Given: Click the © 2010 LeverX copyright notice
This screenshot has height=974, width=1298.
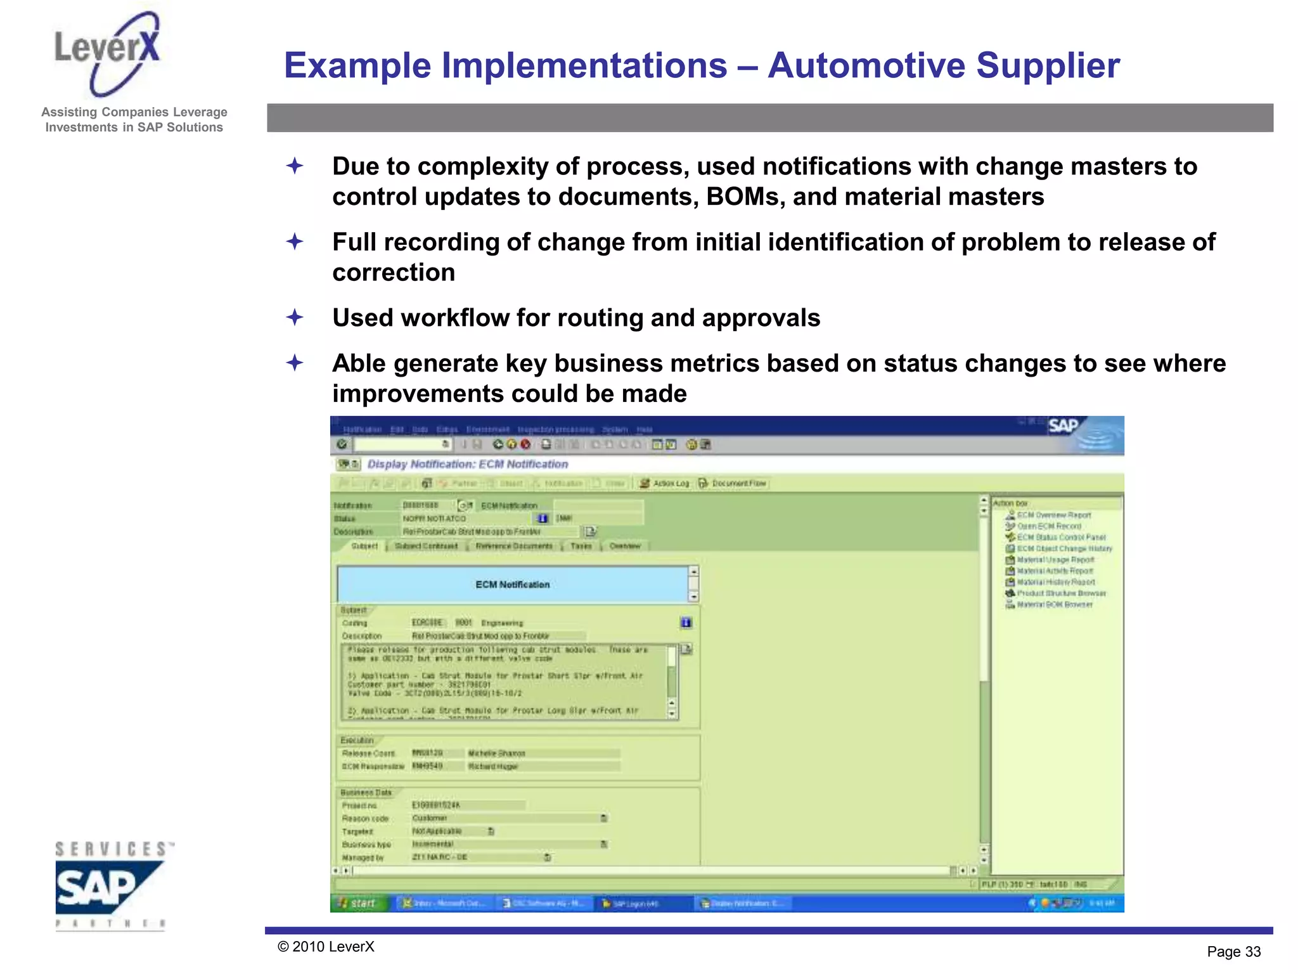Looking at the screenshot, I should [x=326, y=947].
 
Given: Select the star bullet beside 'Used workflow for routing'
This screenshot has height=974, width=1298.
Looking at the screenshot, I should [x=295, y=317].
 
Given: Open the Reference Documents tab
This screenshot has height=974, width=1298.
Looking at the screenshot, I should [x=514, y=546].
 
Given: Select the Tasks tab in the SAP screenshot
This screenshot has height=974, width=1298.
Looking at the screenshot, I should [x=581, y=546].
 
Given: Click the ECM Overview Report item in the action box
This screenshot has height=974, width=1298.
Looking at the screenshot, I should [x=1053, y=515].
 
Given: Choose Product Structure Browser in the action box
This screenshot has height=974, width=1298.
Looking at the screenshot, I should [x=1060, y=594].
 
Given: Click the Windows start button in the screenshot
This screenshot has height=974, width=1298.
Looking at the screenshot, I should [x=358, y=903].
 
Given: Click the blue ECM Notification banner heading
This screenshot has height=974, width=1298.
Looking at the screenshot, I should [x=512, y=585].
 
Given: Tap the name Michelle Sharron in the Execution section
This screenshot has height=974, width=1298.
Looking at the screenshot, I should [x=496, y=753].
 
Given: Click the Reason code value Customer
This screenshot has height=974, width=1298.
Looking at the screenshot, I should [x=430, y=818].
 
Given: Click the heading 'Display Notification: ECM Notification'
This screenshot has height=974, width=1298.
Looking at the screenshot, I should [x=468, y=464].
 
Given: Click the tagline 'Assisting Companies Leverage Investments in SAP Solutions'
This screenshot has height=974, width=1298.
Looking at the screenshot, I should [x=134, y=120].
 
